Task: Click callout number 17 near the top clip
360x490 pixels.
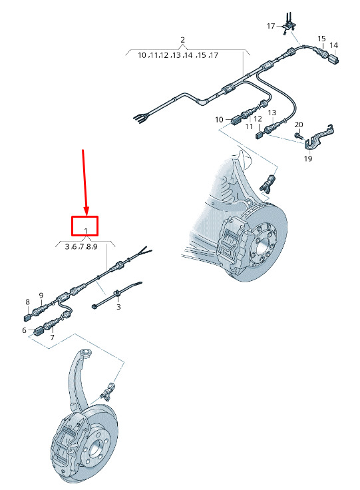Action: pos(271,26)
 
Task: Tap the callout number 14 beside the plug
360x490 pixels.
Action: pos(333,46)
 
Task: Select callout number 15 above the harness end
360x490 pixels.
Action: pos(321,39)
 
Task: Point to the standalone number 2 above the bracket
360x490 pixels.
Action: pos(182,40)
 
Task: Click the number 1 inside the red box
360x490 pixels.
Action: pos(86,231)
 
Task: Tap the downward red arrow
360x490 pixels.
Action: pos(85,183)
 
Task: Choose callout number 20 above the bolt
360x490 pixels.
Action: pos(299,124)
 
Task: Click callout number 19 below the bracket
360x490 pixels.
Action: pos(308,158)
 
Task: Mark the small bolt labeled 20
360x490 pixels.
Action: pos(299,135)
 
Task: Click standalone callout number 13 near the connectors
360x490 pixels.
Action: pos(271,113)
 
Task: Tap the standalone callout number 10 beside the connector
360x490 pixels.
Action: pos(219,120)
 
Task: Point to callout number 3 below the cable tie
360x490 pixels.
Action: pos(118,307)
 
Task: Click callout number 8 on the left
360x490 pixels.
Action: pos(28,302)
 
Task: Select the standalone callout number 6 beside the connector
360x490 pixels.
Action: pos(24,330)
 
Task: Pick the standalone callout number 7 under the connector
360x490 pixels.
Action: pos(52,338)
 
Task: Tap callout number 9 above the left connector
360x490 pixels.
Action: pos(41,296)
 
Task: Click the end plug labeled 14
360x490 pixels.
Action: pos(333,59)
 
